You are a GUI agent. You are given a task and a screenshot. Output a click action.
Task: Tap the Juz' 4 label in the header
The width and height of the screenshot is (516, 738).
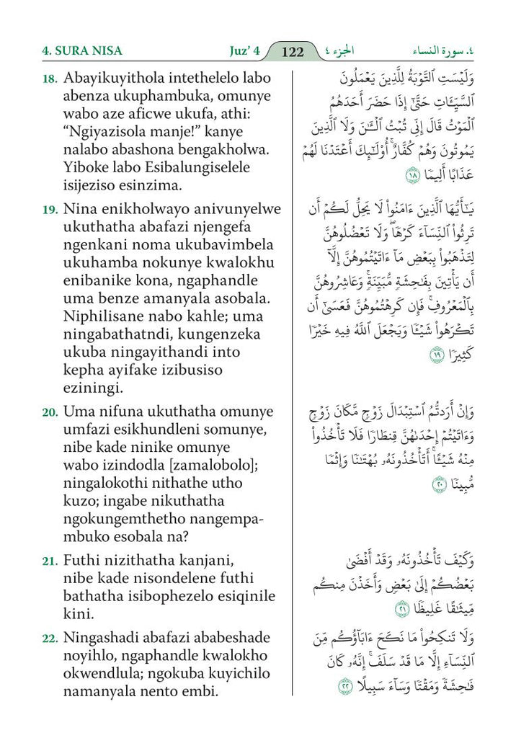pos(240,51)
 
